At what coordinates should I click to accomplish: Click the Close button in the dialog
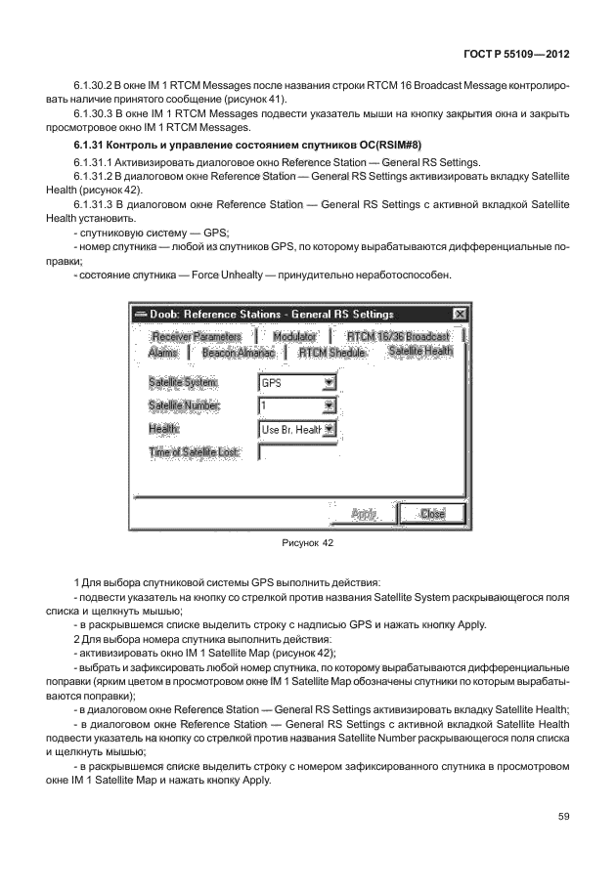tap(432, 514)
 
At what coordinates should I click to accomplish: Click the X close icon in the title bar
tap(460, 314)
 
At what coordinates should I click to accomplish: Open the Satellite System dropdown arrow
tap(329, 384)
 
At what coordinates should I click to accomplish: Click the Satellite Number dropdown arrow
tap(329, 405)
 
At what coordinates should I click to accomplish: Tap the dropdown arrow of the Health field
tap(329, 429)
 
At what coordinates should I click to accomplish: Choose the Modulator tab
tap(294, 336)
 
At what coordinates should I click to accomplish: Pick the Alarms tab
tap(163, 352)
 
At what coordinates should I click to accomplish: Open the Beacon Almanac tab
tap(239, 352)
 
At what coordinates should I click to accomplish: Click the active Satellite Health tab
tap(420, 351)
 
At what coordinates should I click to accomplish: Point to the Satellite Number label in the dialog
tap(185, 405)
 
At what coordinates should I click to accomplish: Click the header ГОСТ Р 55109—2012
tap(514, 53)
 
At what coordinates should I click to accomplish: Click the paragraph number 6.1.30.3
tap(95, 114)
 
